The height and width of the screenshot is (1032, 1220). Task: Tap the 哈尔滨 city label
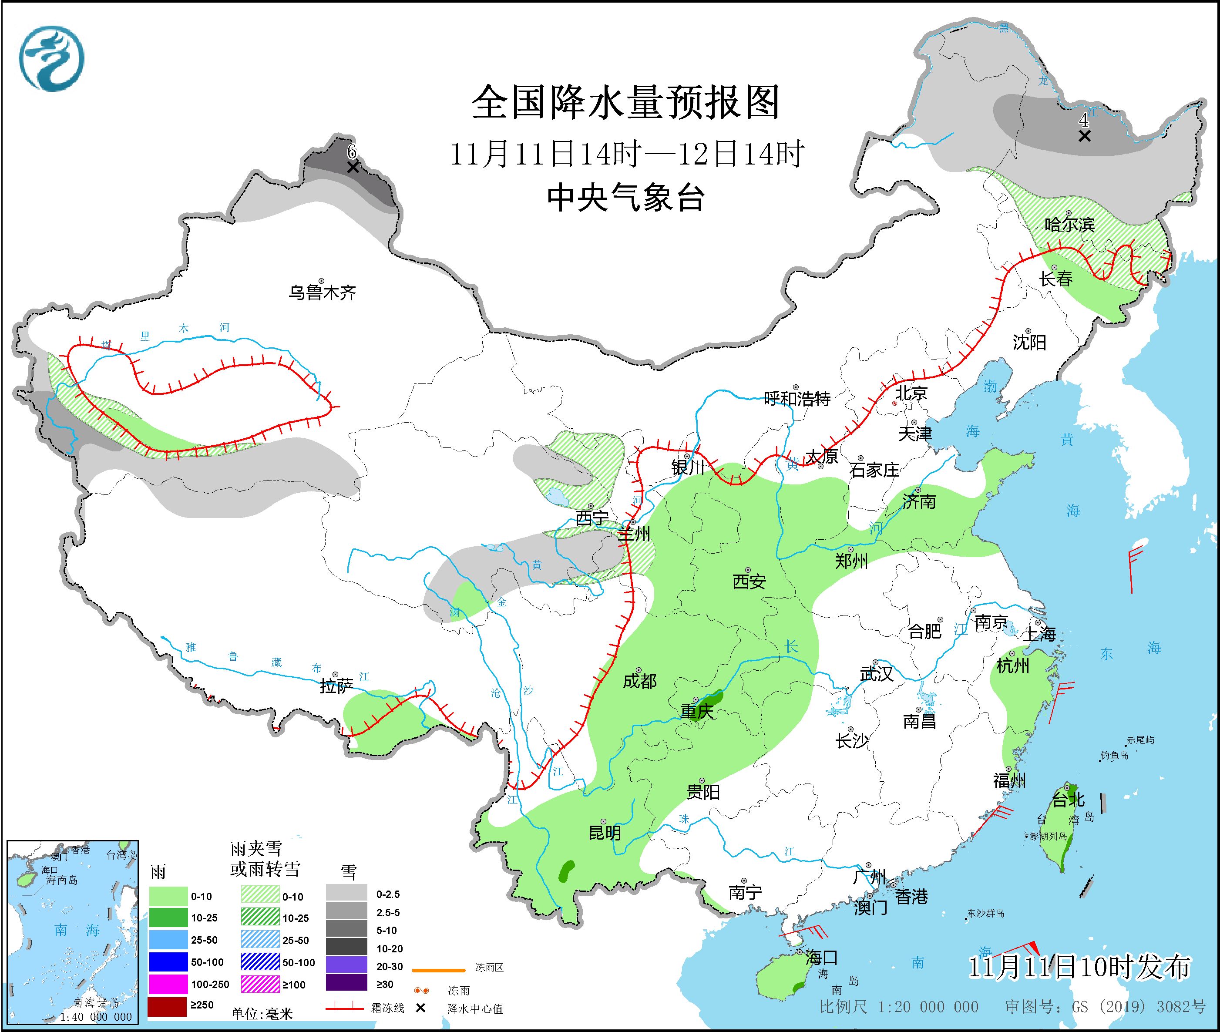(1069, 224)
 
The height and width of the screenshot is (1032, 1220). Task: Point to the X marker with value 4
(1084, 136)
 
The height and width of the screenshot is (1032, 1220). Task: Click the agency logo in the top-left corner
(51, 58)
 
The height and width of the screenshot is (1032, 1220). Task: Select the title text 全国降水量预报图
(625, 102)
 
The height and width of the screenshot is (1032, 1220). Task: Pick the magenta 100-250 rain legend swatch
(167, 984)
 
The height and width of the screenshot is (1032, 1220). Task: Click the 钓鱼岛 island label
(1114, 755)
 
